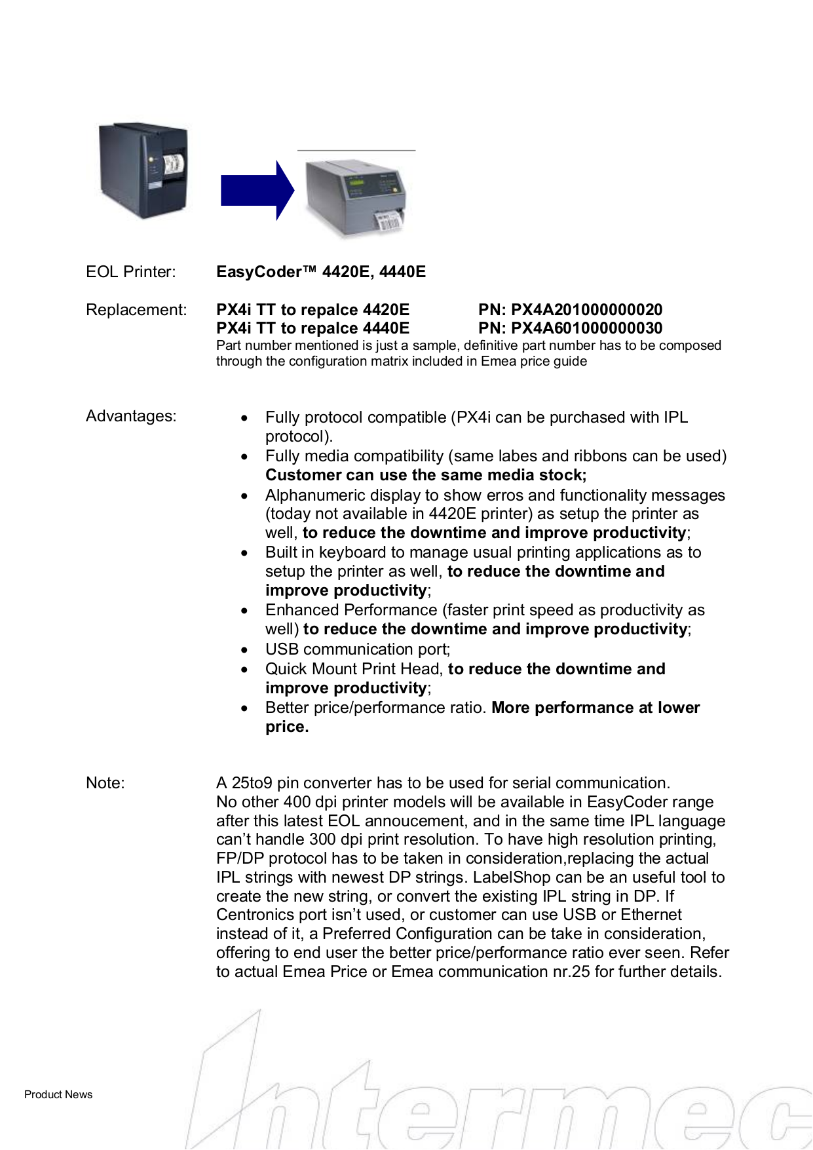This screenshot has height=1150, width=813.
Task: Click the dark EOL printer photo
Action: tap(143, 170)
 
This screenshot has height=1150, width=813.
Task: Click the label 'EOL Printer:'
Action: tap(130, 272)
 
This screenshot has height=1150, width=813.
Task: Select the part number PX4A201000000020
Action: tap(586, 310)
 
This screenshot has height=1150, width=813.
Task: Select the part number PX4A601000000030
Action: tap(586, 328)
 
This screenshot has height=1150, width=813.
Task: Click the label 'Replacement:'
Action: tap(136, 310)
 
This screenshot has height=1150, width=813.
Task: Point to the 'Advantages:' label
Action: tap(131, 416)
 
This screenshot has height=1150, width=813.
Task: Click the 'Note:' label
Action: tap(105, 783)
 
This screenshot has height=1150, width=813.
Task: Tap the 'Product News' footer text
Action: tap(58, 1094)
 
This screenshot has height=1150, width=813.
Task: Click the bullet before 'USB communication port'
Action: tap(244, 650)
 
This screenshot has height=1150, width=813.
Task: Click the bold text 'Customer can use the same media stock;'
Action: tap(426, 475)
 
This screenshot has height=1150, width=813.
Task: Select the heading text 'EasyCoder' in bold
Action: tap(259, 272)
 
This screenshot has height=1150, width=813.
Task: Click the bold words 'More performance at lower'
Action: tap(596, 708)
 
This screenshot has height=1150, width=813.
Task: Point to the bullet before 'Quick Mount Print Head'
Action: tap(244, 670)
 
